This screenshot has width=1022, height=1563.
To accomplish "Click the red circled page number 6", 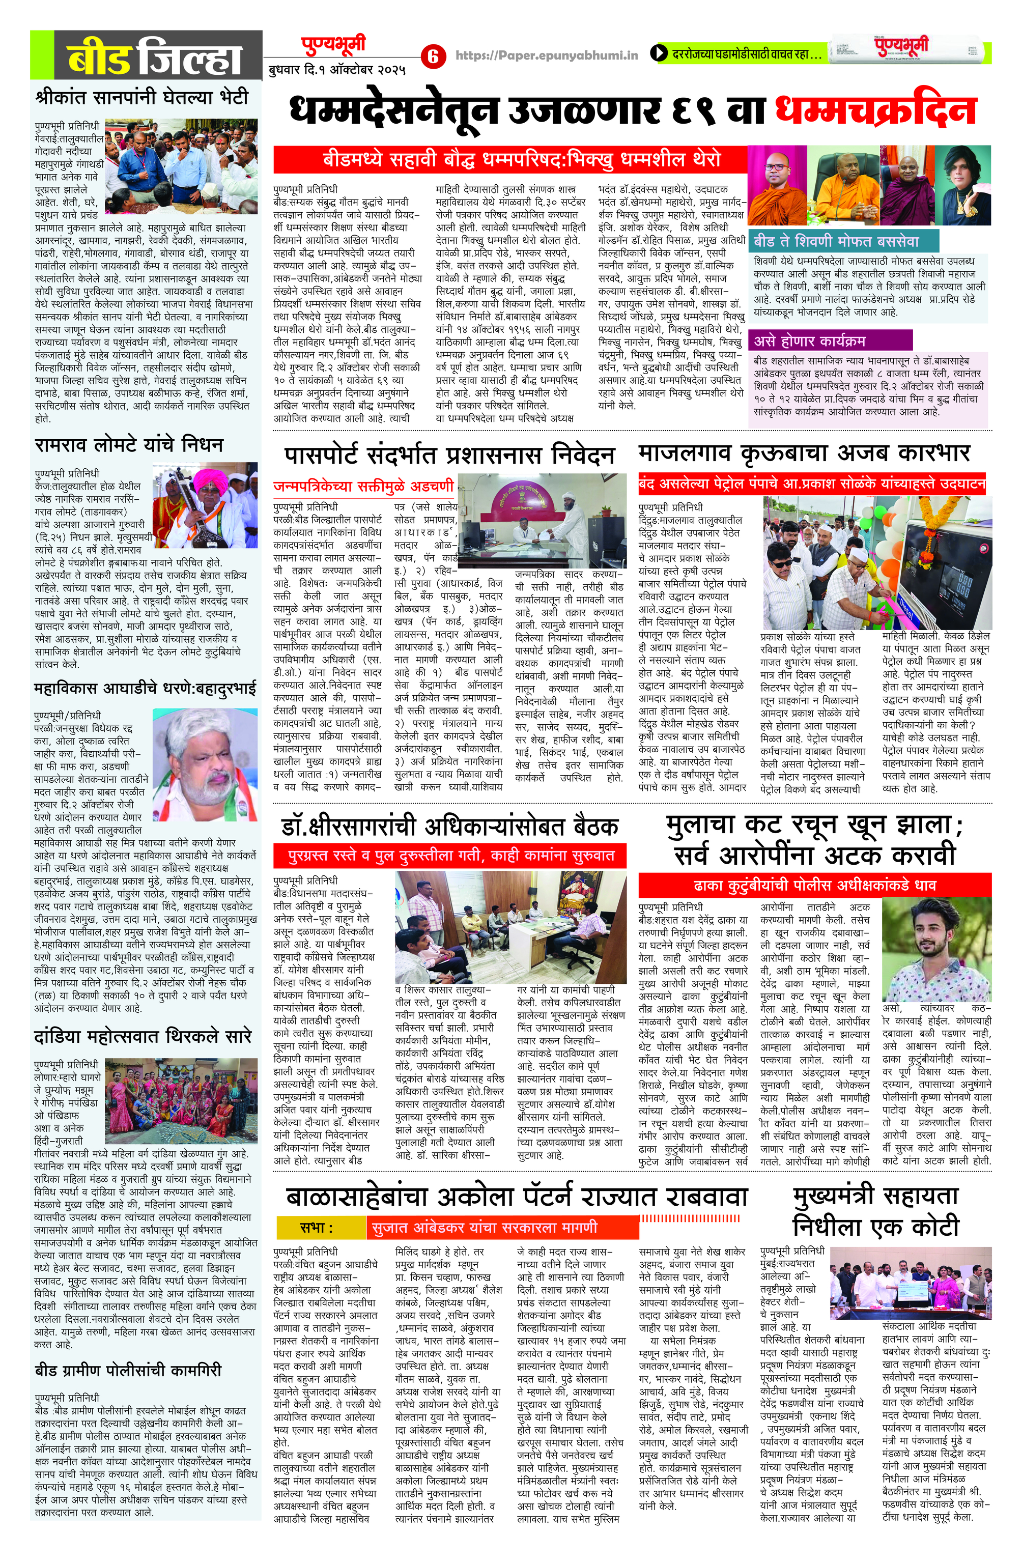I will click(x=433, y=56).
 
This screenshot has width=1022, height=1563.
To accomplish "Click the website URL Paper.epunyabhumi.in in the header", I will click(x=547, y=56).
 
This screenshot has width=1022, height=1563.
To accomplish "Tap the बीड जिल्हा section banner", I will click(x=146, y=58).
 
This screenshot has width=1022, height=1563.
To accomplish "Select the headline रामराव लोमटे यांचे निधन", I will click(x=129, y=445).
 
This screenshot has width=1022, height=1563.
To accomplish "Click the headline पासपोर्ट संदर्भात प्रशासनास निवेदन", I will click(x=449, y=455).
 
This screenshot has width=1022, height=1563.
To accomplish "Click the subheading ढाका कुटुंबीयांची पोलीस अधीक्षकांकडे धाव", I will click(x=814, y=885).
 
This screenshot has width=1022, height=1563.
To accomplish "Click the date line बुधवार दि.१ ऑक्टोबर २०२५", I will click(x=337, y=69).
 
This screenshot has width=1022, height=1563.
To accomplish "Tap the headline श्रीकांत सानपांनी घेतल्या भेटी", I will click(x=142, y=97).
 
